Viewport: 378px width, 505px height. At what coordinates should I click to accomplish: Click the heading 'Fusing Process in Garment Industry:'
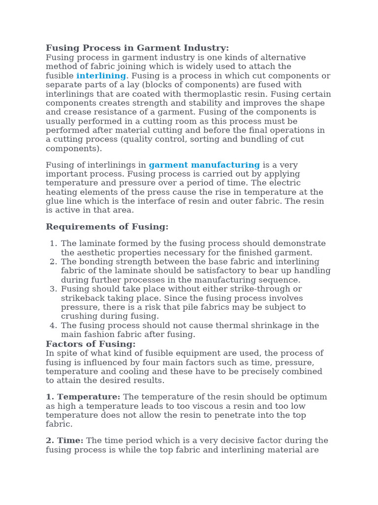[137, 48]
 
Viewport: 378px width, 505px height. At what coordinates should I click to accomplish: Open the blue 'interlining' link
[101, 76]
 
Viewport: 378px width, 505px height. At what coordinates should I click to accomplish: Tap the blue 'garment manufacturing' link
[204, 165]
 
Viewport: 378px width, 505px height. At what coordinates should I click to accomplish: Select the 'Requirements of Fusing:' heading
[107, 227]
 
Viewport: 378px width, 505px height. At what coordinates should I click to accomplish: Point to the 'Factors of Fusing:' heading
[91, 344]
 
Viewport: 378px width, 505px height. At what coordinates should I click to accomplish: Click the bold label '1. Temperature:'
[83, 397]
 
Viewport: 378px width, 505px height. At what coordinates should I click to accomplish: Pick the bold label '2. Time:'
[64, 440]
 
